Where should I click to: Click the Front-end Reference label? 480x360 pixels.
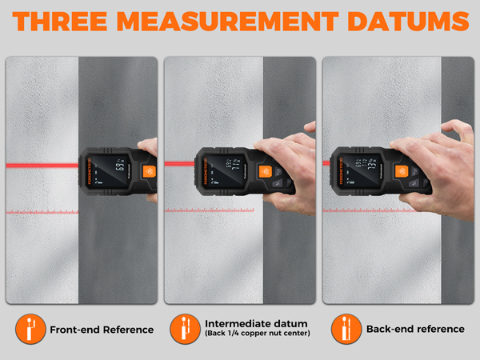tap(101, 329)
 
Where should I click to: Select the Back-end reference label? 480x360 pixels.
tap(414, 329)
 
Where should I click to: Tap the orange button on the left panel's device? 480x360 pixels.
tap(147, 170)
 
